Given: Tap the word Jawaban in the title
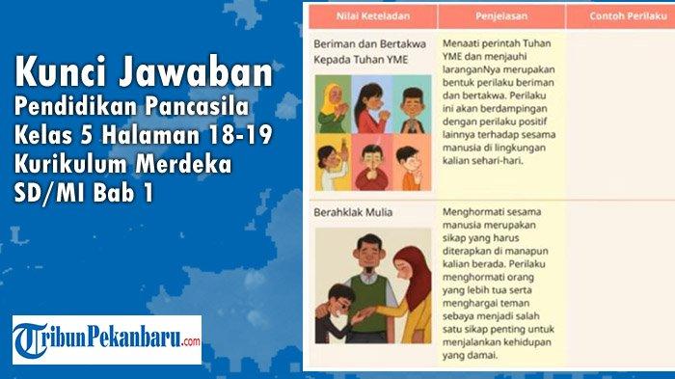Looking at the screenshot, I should (194, 73).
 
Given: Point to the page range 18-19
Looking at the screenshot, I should (244, 133).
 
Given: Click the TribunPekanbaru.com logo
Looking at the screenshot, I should (107, 339).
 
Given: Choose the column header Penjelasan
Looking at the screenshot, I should (500, 15).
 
